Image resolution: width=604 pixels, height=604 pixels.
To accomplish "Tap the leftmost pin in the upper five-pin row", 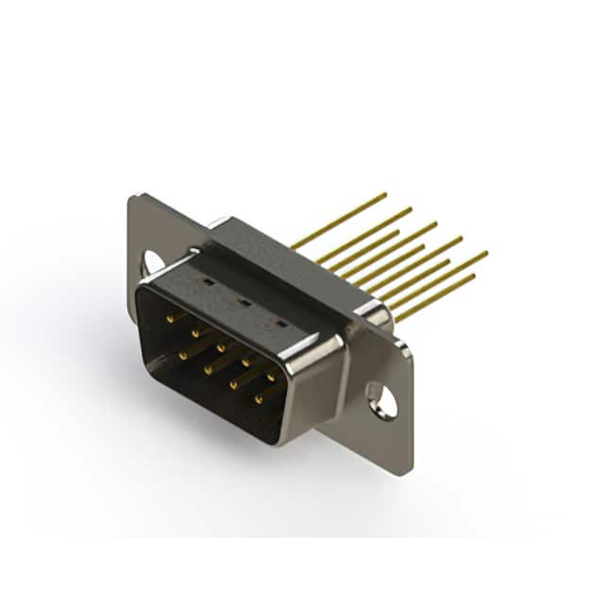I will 171,320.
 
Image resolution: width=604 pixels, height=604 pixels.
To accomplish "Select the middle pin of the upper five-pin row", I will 221,347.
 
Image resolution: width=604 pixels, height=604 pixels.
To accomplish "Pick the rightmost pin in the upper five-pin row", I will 271,377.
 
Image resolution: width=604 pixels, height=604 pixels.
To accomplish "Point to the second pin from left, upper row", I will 195,333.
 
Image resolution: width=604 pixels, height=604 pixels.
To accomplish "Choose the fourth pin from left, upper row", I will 245,361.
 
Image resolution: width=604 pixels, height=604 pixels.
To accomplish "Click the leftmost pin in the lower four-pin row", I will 183,356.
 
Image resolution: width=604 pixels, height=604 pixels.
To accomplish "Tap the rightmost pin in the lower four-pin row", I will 259,399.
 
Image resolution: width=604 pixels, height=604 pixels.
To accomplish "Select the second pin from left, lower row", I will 208,370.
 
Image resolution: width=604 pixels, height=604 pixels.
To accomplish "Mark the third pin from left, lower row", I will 233,384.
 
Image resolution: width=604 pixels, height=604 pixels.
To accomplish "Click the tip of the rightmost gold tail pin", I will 486,252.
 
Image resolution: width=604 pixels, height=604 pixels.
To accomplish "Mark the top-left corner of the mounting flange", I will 133,195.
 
